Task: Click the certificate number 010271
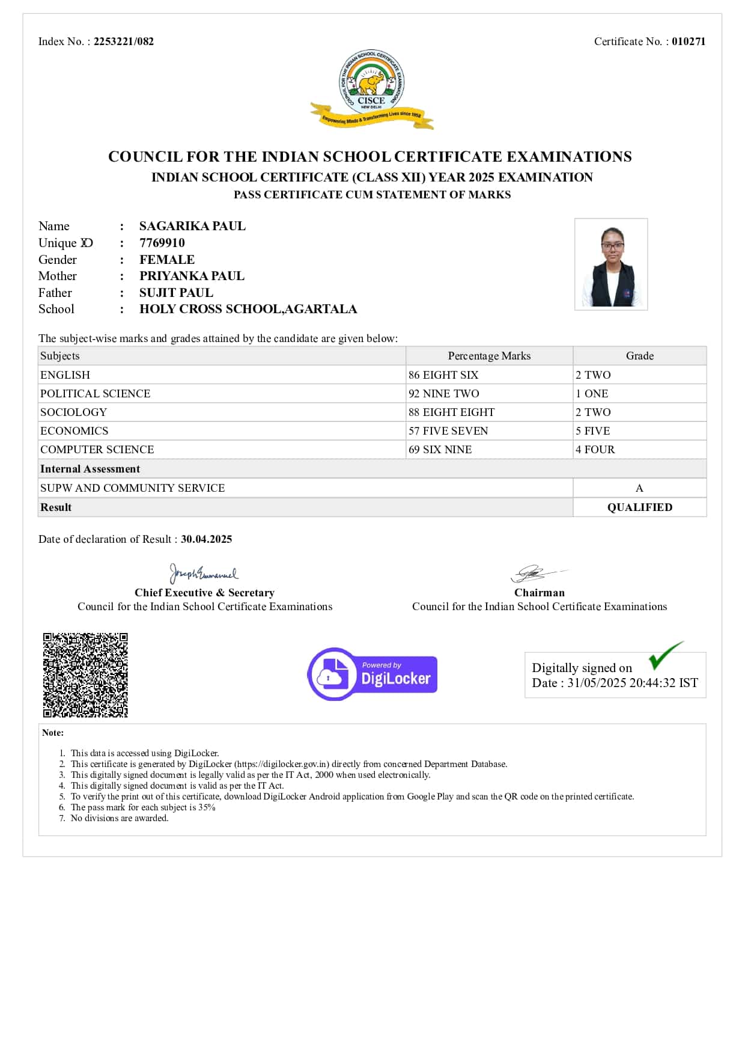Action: [x=689, y=41]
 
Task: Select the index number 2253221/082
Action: [x=124, y=41]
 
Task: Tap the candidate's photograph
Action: [x=611, y=264]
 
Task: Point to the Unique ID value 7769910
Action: [x=162, y=243]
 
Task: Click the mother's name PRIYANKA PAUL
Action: [x=192, y=276]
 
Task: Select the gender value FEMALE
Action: [x=167, y=260]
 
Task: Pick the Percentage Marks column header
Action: [x=489, y=356]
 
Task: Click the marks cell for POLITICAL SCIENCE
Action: [x=444, y=394]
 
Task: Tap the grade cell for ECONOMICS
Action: [x=592, y=431]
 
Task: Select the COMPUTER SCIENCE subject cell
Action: [x=97, y=450]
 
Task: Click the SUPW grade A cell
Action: [x=639, y=488]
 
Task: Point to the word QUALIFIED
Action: [x=639, y=507]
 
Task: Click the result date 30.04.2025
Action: [x=206, y=539]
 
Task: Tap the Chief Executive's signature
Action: [x=204, y=573]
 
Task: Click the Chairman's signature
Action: [x=536, y=573]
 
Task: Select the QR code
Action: [x=85, y=675]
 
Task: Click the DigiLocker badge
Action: [x=372, y=674]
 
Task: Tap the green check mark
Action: [x=666, y=655]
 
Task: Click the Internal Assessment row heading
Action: [x=90, y=469]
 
